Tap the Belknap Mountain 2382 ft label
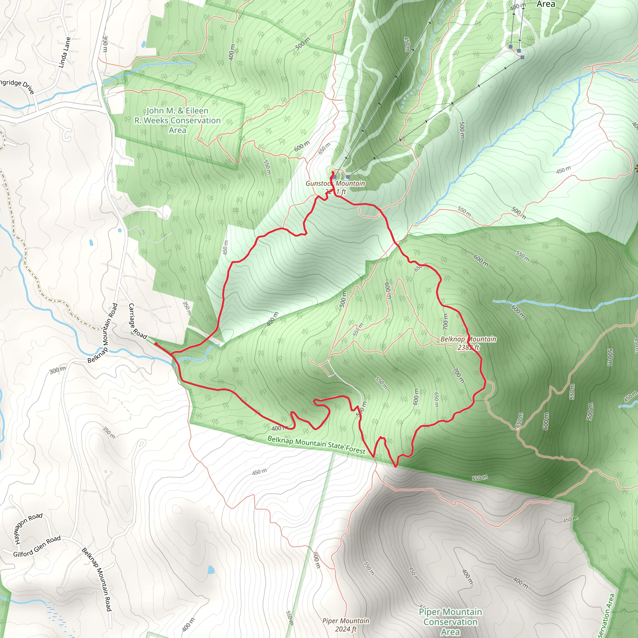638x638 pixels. (x=468, y=343)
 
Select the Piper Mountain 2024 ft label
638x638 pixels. (x=346, y=625)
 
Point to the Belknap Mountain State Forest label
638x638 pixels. (x=317, y=444)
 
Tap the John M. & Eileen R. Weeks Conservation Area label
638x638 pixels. (x=177, y=120)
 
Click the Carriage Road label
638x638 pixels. (x=137, y=321)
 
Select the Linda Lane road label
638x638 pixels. (x=65, y=52)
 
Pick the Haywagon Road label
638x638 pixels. (x=28, y=528)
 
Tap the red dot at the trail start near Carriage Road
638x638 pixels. (x=155, y=344)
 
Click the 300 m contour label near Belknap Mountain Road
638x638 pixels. (x=57, y=370)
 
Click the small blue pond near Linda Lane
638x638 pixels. (x=143, y=44)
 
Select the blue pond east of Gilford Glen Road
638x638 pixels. (x=211, y=570)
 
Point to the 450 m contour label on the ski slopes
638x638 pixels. (x=407, y=44)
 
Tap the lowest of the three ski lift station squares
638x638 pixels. (x=522, y=57)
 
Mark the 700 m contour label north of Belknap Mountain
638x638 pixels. (x=445, y=321)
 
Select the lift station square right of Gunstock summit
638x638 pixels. (x=348, y=177)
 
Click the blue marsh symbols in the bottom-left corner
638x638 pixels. (x=56, y=614)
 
